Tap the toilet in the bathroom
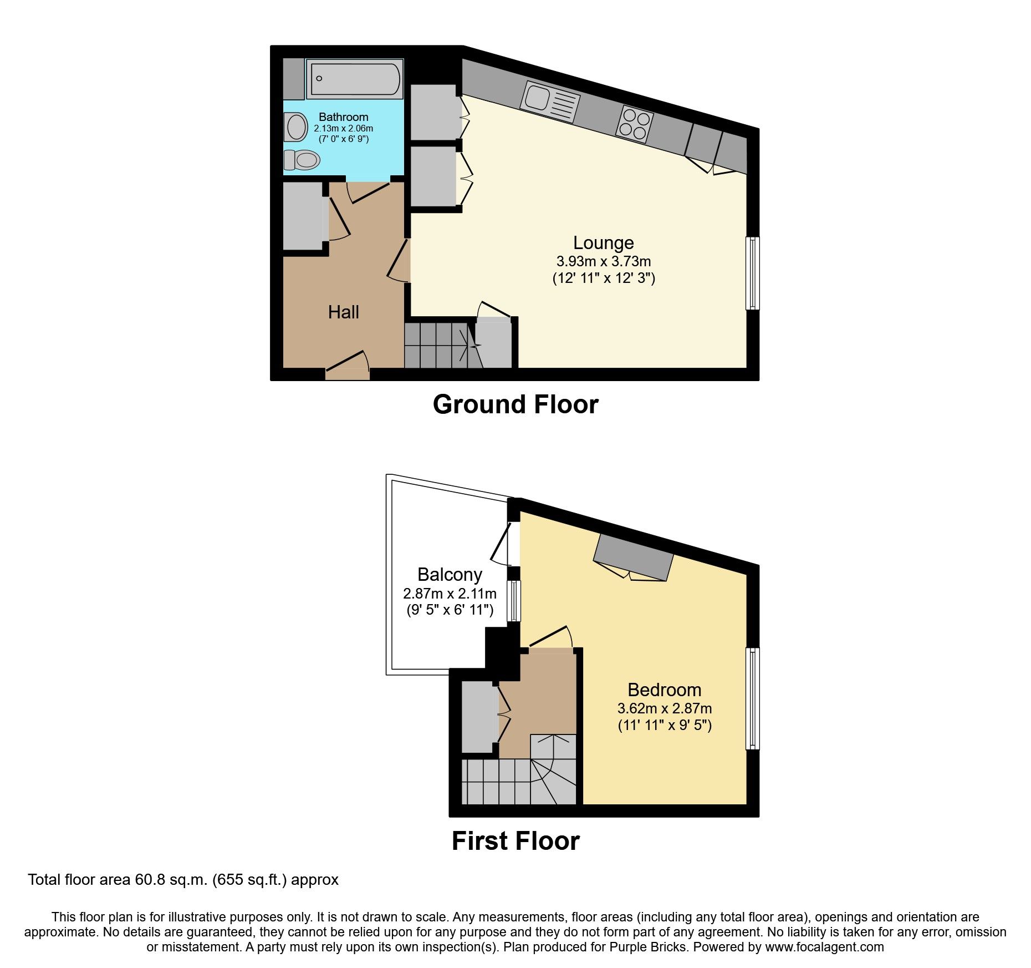(x=302, y=160)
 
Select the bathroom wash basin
(x=297, y=127)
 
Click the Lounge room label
(x=603, y=243)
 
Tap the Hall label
(x=343, y=312)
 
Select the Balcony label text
(x=450, y=575)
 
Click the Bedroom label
(x=664, y=690)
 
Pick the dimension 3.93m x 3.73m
(x=603, y=261)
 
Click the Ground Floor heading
(x=515, y=404)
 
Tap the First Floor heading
(x=515, y=841)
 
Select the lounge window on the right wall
(x=752, y=273)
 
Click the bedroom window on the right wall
(x=752, y=698)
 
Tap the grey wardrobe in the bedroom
(x=633, y=558)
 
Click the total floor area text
(x=183, y=880)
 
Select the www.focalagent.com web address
(x=824, y=947)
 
